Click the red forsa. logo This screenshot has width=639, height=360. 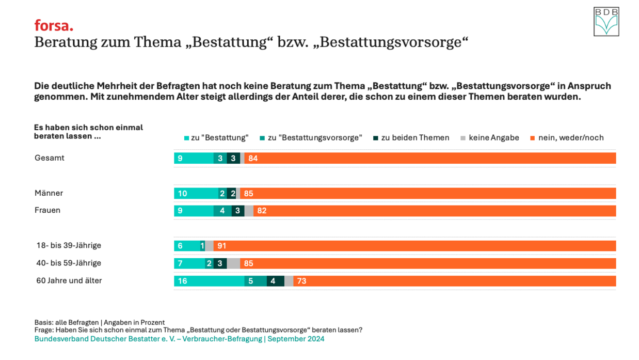coord(54,25)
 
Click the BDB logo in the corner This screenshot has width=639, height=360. coord(606,22)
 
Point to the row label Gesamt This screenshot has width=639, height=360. coord(50,158)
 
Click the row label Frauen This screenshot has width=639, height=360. coord(47,210)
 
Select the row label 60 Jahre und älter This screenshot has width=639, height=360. coord(69,280)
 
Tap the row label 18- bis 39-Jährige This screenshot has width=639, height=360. coord(69,245)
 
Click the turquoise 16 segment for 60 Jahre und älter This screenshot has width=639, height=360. coord(209,281)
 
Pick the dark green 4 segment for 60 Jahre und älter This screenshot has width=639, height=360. coord(275,281)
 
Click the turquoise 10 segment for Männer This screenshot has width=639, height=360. coord(196,194)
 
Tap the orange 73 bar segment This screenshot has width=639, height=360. coord(454,281)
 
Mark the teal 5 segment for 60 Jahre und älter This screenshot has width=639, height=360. coord(255,281)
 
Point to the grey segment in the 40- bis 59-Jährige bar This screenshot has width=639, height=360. coord(233,263)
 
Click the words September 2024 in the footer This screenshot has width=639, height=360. coord(296,339)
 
